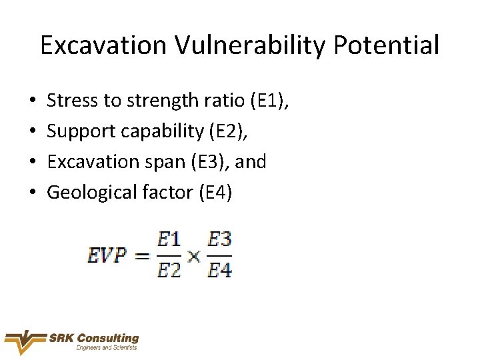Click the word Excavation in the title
pos(104,45)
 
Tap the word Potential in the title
pos(387,45)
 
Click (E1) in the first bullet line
pos(269,101)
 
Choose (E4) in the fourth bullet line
pos(215,193)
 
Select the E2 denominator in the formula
pos(169,270)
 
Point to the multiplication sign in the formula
pos(194,256)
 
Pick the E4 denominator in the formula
pos(219,270)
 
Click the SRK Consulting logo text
pos(94,339)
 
